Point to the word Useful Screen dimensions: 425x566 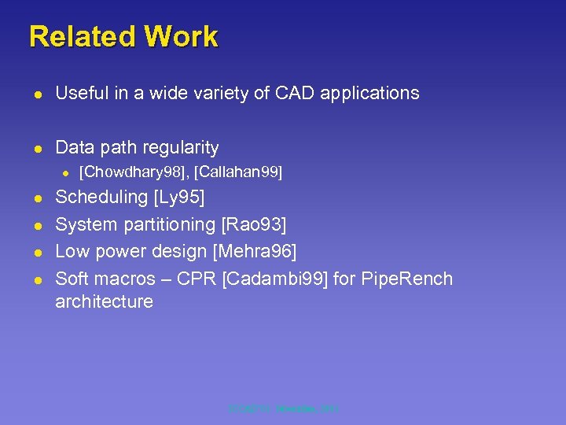pos(80,93)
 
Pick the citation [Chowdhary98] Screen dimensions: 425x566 pos(134,172)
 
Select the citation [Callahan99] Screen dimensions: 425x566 pos(237,172)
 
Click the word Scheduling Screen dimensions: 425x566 pos(101,198)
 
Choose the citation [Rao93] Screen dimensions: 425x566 pos(255,225)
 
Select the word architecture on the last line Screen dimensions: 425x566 pos(104,302)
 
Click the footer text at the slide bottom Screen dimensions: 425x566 pos(282,408)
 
